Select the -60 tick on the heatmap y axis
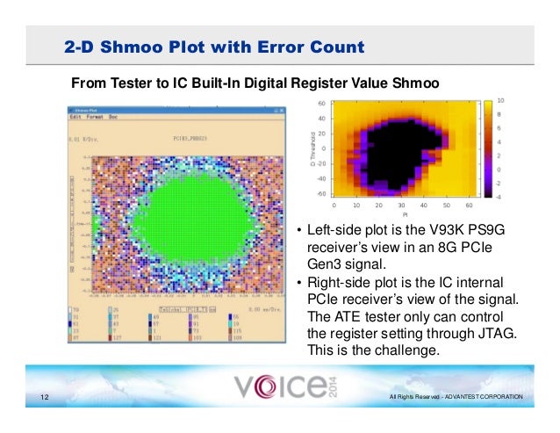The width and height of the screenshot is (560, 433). (321, 192)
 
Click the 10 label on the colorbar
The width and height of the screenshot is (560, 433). (500, 101)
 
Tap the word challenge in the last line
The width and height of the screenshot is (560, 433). (384, 350)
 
